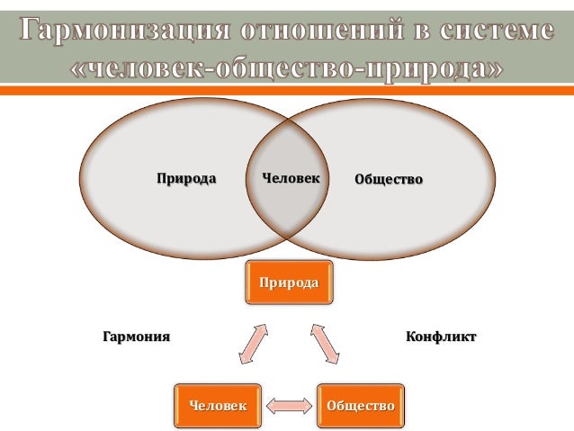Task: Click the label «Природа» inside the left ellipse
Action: coord(186,178)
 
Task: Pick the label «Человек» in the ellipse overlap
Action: coord(290,178)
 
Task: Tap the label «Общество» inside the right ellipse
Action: coord(389,179)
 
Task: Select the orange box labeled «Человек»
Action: coord(217,406)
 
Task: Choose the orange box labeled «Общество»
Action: coord(360,406)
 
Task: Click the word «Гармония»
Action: coord(135,337)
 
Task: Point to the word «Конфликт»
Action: coord(441,337)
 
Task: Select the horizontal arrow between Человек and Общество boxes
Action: coord(288,407)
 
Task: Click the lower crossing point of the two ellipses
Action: coord(287,236)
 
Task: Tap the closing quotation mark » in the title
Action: coord(490,67)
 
